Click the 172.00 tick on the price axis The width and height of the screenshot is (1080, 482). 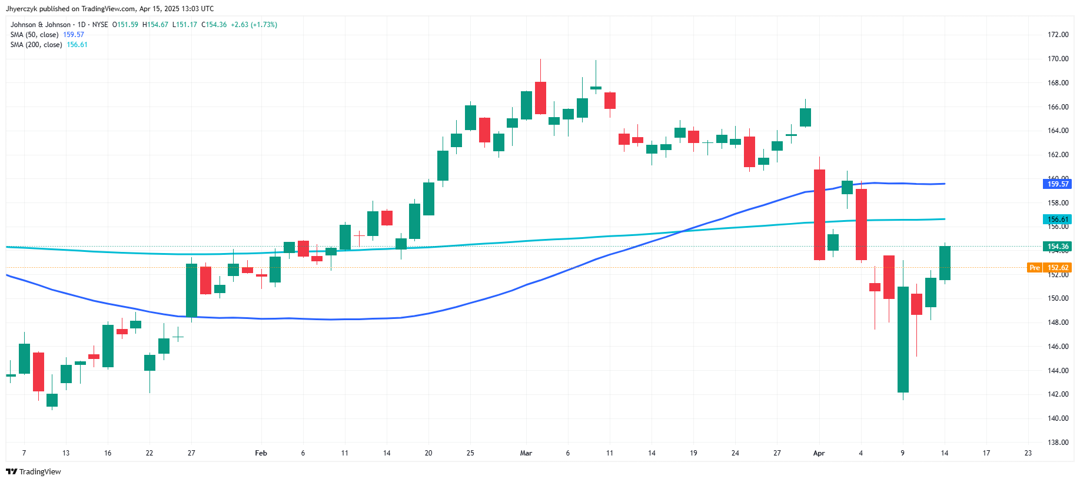pos(1058,35)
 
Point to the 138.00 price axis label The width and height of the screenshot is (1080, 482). pos(1058,443)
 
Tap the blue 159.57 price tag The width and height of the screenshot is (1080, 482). pos(1058,184)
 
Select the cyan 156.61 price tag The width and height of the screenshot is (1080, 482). pos(1058,220)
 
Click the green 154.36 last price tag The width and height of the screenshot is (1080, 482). pos(1058,247)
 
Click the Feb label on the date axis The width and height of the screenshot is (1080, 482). pos(261,453)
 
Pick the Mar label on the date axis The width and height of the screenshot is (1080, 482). pos(526,453)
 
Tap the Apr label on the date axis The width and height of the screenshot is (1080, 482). pos(819,453)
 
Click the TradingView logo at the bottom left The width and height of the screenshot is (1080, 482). pos(34,471)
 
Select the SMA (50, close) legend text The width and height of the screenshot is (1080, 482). pos(34,35)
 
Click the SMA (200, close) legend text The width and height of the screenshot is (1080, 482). pos(36,45)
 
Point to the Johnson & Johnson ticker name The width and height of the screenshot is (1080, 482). pos(41,25)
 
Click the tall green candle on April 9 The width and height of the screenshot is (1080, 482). pos(903,339)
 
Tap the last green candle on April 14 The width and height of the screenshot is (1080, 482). pos(945,263)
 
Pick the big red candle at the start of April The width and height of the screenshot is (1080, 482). pos(819,215)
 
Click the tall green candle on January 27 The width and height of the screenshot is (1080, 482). pos(191,290)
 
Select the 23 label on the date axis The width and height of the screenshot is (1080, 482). pos(1028,453)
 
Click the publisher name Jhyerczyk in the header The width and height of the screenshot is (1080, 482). pos(21,9)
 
